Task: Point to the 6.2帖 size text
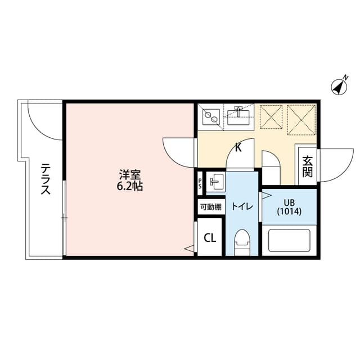point(130,186)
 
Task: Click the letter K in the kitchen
point(238,148)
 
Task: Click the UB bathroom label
point(289,202)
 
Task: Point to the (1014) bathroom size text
point(289,212)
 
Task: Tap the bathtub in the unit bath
point(289,240)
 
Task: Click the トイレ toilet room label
point(242,206)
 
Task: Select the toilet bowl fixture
point(242,242)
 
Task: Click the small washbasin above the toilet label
point(215,181)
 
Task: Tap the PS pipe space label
point(200,183)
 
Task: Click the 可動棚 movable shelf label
point(210,206)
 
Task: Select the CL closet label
point(210,237)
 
